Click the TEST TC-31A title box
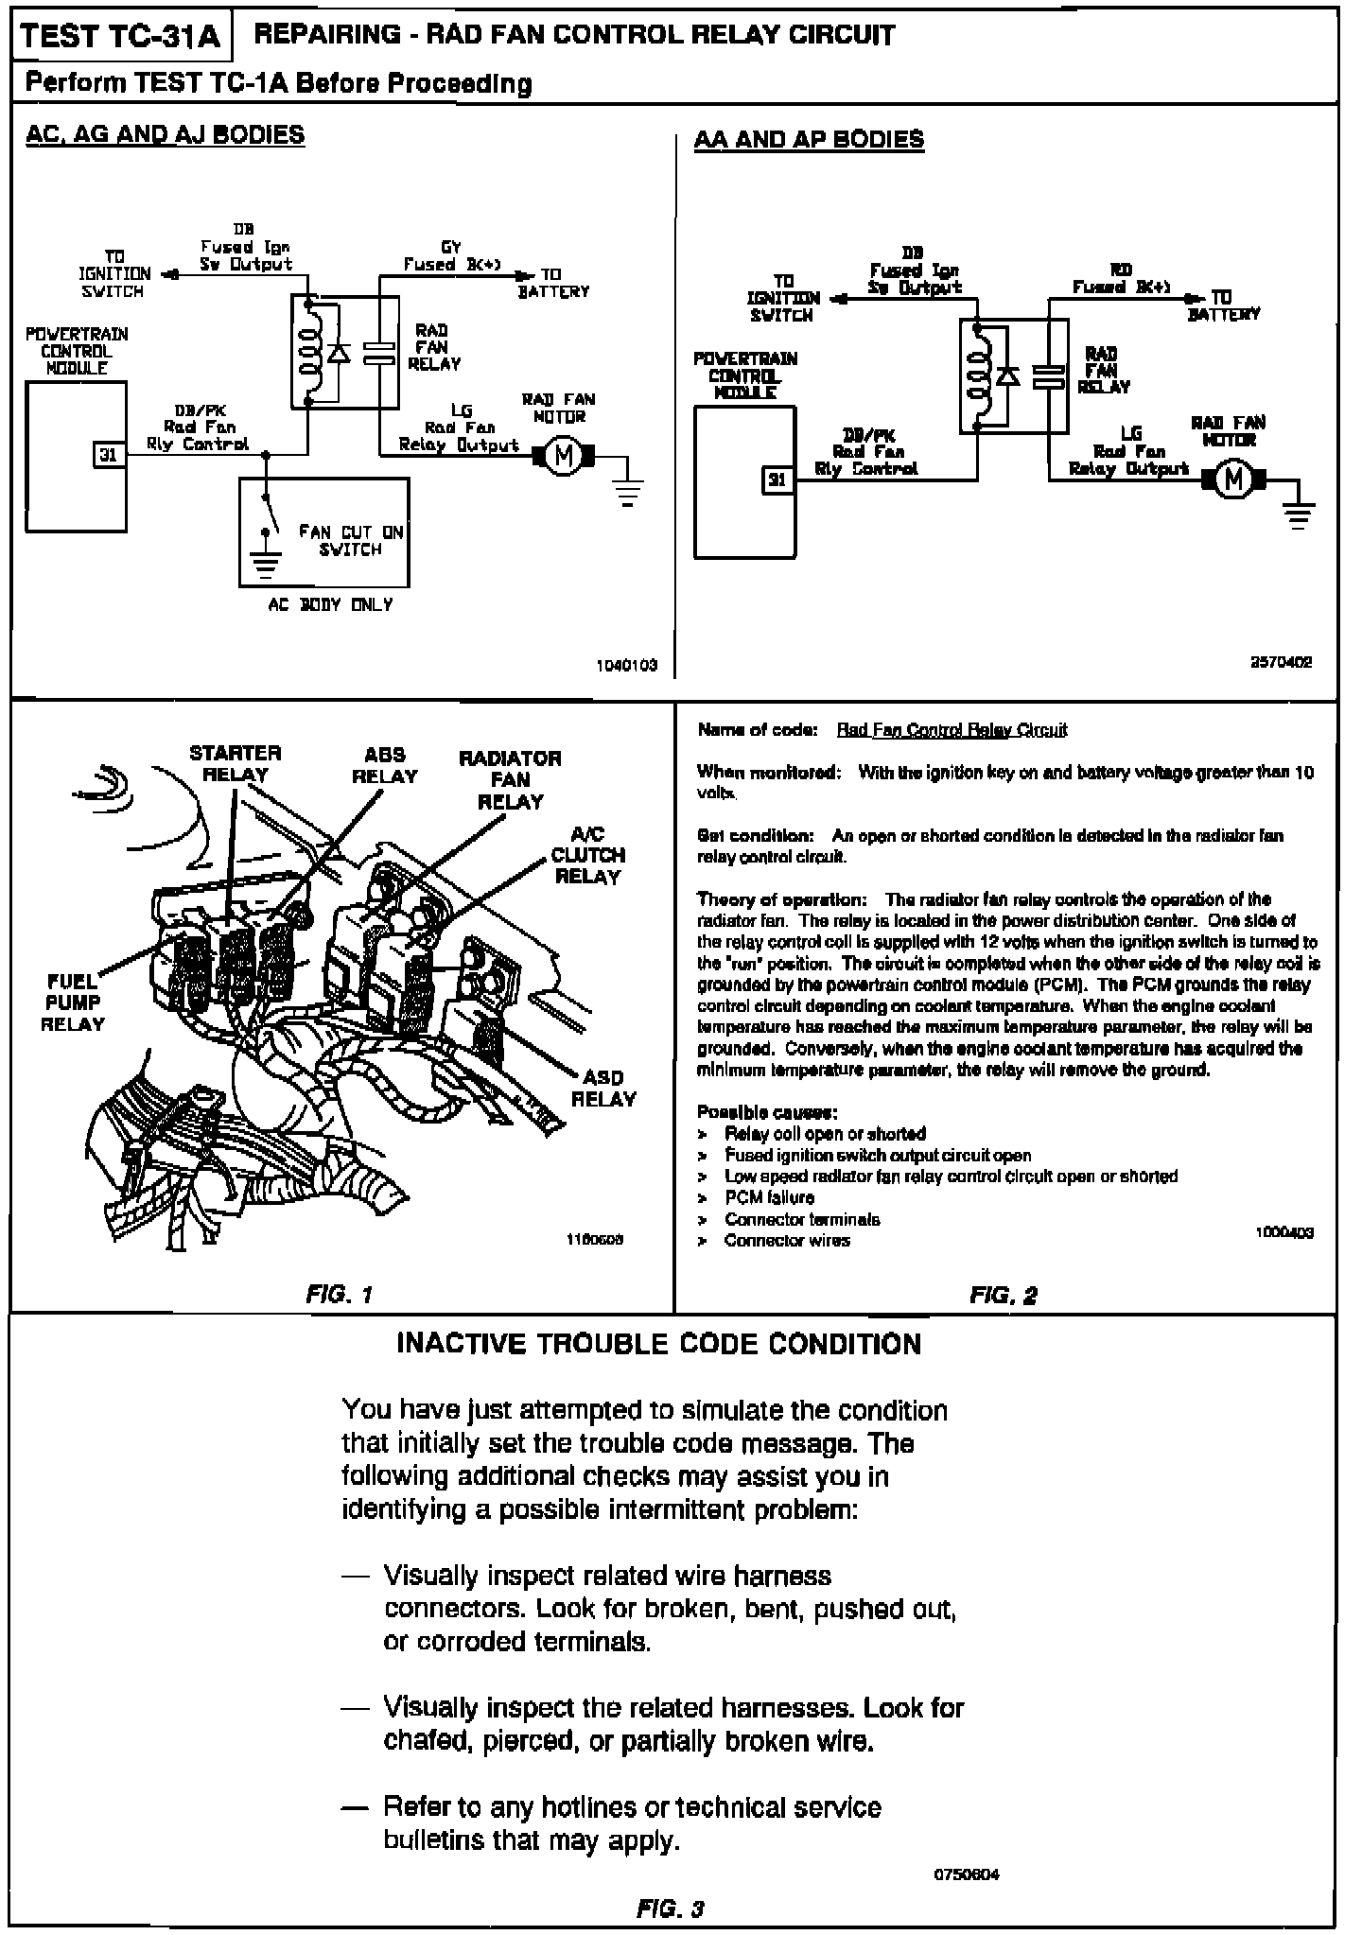(x=120, y=36)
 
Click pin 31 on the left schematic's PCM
(x=109, y=455)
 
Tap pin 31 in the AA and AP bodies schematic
(x=777, y=480)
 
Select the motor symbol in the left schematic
(x=564, y=456)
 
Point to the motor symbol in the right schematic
(x=1232, y=480)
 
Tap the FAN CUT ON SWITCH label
(x=351, y=540)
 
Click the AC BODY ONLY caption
(x=330, y=605)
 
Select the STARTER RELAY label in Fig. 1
(x=236, y=763)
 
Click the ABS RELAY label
(x=385, y=765)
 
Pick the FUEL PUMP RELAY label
(x=73, y=1002)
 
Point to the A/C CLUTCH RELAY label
(x=587, y=855)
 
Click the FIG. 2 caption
(x=1004, y=1295)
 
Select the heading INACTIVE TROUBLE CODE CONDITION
(x=658, y=1344)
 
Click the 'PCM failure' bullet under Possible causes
(x=769, y=1197)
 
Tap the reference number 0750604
(x=967, y=1874)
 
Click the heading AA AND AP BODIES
(x=809, y=140)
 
